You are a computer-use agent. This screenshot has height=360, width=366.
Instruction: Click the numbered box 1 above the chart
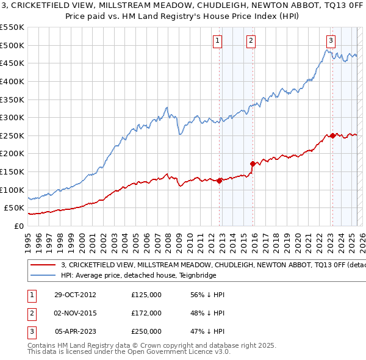tap(218, 41)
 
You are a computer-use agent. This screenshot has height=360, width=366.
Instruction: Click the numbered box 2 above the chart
tap(251, 41)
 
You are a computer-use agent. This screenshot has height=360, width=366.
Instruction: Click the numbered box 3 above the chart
tap(331, 41)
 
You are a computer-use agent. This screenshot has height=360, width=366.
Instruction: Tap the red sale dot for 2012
tap(220, 181)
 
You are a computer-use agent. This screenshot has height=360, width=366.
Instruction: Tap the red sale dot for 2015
tap(252, 164)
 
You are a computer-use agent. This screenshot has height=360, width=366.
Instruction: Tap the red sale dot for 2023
tap(332, 135)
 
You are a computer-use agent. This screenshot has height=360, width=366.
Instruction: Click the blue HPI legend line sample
tap(43, 275)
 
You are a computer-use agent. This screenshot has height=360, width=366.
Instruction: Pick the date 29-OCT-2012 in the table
tap(74, 295)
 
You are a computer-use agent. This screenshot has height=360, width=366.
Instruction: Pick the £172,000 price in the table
tap(146, 313)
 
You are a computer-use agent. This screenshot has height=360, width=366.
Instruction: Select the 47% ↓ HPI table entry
tap(208, 331)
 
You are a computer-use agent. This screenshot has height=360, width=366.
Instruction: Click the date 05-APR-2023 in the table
tap(76, 331)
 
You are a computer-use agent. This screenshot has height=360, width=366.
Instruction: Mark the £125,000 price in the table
tap(146, 295)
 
